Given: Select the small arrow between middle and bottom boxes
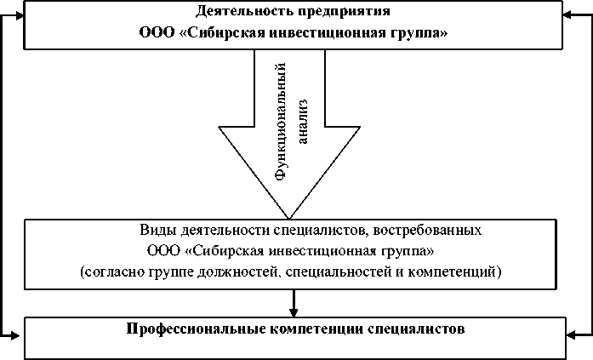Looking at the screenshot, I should (x=294, y=304).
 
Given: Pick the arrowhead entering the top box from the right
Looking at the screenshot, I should (x=572, y=14).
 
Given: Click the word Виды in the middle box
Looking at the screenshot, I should (x=156, y=231).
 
